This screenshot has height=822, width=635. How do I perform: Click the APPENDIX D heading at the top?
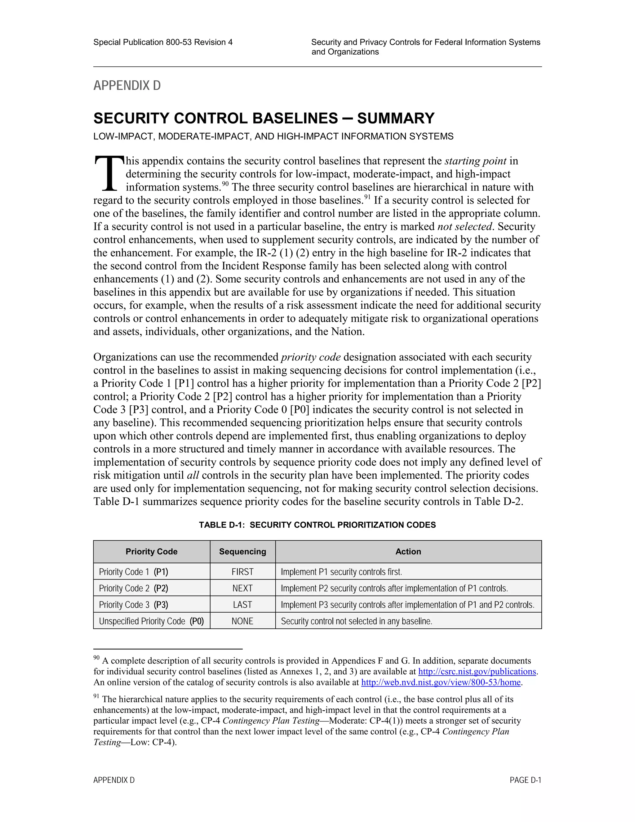click(127, 85)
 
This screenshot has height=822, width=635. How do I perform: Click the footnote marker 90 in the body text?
click(225, 184)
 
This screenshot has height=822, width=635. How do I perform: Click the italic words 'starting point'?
click(476, 161)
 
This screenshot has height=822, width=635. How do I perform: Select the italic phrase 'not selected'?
click(464, 226)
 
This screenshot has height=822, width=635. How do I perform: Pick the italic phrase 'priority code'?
click(311, 357)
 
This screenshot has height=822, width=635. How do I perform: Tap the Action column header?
click(408, 552)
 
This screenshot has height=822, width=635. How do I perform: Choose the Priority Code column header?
click(151, 552)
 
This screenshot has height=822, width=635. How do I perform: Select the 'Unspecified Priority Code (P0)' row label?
click(151, 621)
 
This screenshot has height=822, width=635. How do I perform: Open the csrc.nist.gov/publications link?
click(477, 672)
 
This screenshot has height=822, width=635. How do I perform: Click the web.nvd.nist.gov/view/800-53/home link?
click(441, 682)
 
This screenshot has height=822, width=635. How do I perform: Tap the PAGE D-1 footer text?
click(525, 780)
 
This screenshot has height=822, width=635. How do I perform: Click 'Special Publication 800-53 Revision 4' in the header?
click(163, 42)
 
